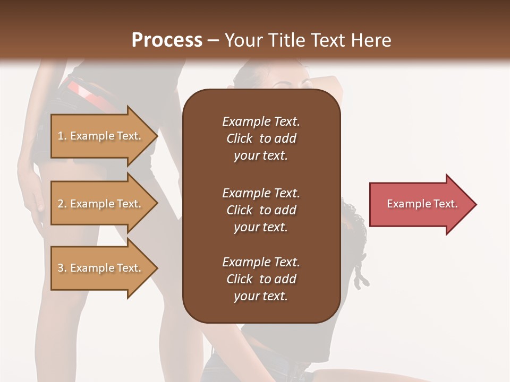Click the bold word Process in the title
coord(167,40)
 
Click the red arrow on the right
coord(420,204)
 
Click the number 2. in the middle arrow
coord(62,204)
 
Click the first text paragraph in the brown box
coord(261,138)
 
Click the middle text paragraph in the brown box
coord(261,210)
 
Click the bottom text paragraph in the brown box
coord(261,279)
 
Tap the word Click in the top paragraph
coord(239,138)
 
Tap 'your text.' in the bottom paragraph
coord(261,296)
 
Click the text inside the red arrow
coord(422,204)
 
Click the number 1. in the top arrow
coord(62,136)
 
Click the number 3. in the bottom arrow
coord(62,268)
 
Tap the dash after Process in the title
coord(214,40)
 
